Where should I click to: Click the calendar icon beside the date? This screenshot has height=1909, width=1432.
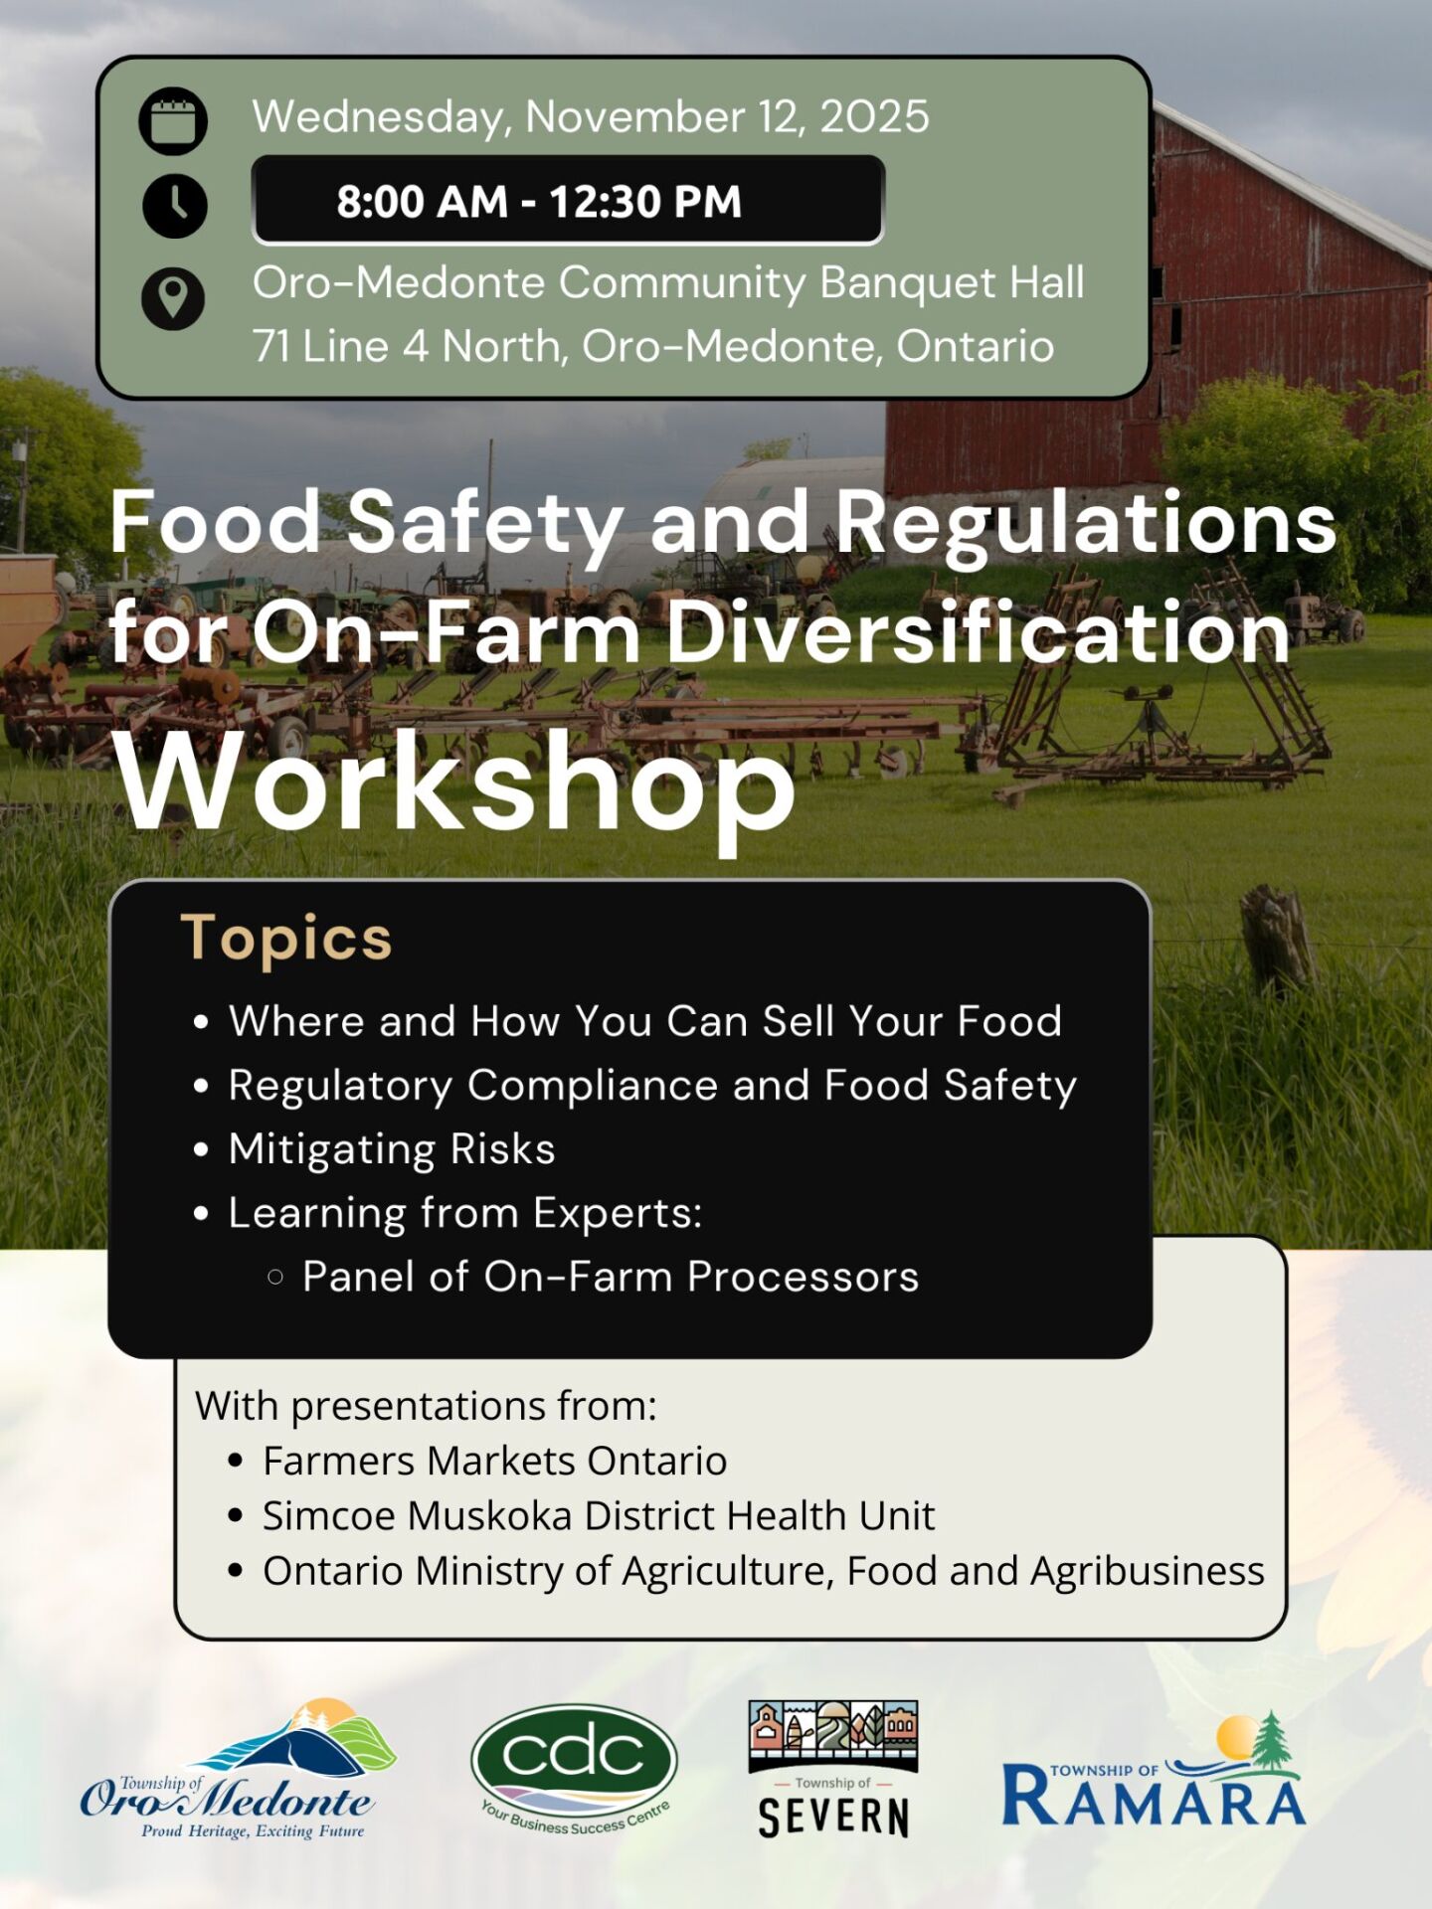click(x=173, y=121)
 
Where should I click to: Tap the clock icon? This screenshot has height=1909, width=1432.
click(x=175, y=206)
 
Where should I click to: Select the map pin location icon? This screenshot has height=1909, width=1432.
click(x=173, y=297)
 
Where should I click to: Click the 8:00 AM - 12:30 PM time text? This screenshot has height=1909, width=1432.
click(x=539, y=201)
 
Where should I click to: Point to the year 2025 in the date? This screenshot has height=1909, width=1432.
click(x=874, y=116)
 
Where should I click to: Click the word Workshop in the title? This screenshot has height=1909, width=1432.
click(x=454, y=782)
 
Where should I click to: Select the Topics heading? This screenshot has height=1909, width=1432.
click(x=286, y=938)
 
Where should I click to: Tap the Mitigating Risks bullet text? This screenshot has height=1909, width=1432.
click(x=392, y=1148)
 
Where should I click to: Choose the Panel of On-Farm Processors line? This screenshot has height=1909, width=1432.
click(x=611, y=1277)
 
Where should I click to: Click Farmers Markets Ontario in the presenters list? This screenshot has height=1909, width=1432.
click(x=495, y=1461)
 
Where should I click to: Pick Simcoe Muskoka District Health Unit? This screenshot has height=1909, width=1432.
click(x=599, y=1515)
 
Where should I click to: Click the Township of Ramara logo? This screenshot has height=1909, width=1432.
click(x=1154, y=1772)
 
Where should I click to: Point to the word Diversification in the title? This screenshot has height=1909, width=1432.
click(x=979, y=632)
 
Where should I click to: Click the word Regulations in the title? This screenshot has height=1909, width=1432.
click(x=1085, y=524)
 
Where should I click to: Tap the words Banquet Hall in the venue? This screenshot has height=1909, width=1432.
click(x=953, y=282)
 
